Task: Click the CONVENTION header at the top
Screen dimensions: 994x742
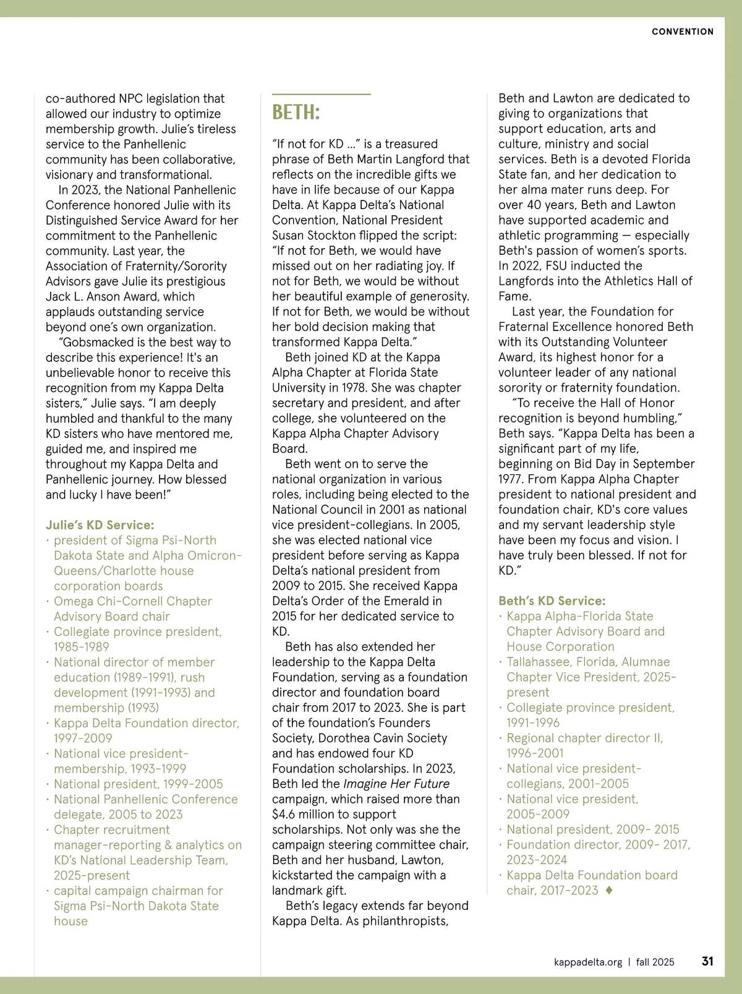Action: tap(682, 32)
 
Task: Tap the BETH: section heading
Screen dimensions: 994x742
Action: tap(296, 113)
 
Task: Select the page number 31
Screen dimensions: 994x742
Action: tap(707, 961)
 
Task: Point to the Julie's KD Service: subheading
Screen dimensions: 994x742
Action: tap(100, 525)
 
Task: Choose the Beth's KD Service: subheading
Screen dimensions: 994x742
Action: tap(552, 601)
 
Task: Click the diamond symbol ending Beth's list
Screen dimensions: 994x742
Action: tap(609, 890)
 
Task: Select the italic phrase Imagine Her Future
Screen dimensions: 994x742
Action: tap(396, 784)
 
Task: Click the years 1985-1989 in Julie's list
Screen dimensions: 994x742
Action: tap(81, 647)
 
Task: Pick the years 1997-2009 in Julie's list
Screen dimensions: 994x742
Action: tap(83, 738)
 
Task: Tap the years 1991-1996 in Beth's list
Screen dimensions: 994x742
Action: tap(533, 722)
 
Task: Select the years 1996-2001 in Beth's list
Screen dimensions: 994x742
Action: tap(535, 753)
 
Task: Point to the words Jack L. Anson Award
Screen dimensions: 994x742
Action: tap(103, 296)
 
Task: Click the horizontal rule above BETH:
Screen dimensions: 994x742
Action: tap(321, 94)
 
